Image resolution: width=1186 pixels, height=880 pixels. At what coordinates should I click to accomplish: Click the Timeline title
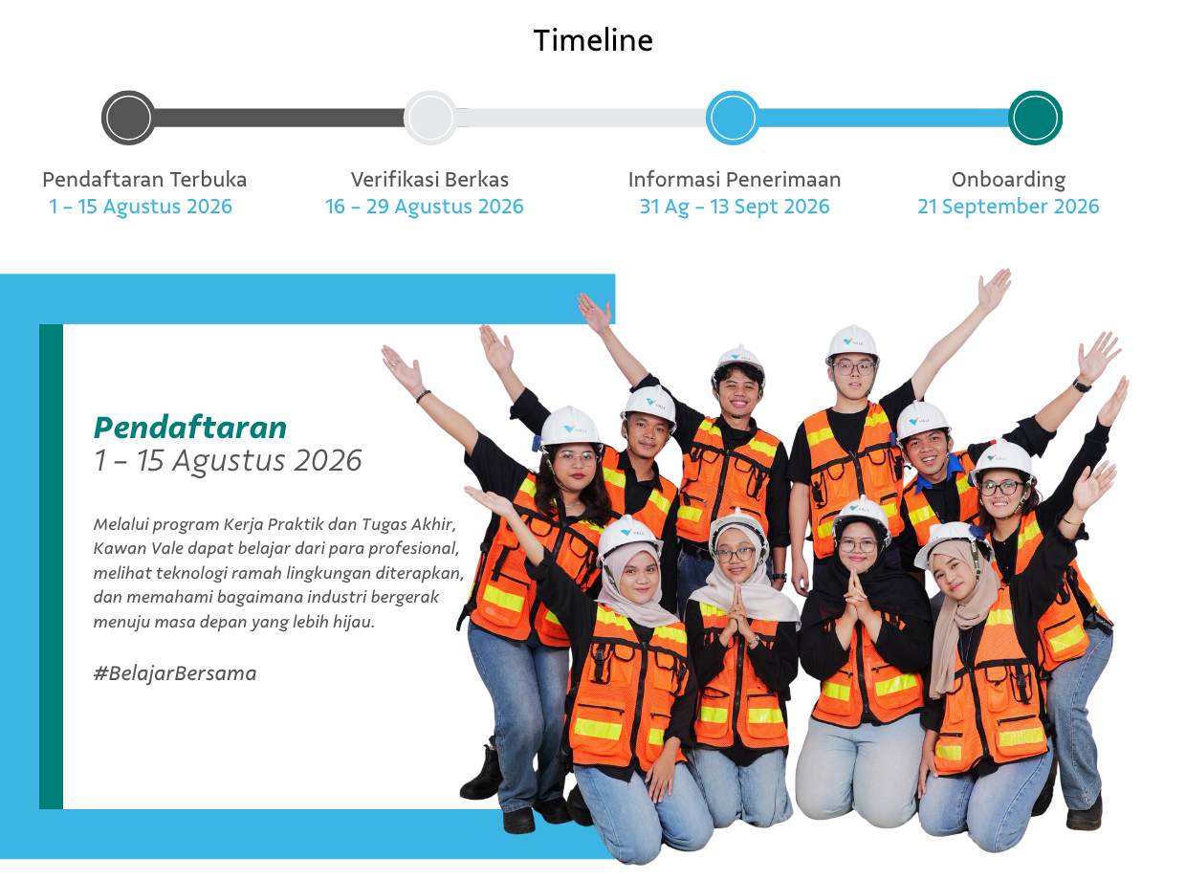coord(592,40)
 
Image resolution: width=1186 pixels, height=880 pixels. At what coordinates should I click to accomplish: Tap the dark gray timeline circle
coord(128,118)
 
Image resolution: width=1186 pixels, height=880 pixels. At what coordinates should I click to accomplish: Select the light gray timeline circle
coord(430,118)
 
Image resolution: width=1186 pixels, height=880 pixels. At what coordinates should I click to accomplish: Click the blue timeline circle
coord(733,118)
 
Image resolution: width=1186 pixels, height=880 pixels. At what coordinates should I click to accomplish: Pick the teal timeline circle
coord(1035,118)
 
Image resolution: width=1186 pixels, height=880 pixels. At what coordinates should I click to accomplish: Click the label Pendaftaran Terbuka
coord(144,180)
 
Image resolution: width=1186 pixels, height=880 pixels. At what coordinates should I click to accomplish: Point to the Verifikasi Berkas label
coord(429,180)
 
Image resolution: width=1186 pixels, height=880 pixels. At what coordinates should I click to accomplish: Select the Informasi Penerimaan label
coord(735,180)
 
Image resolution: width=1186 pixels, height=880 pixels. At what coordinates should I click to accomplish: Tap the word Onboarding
coord(1008,180)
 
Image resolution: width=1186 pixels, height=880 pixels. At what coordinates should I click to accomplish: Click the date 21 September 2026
coord(1008,207)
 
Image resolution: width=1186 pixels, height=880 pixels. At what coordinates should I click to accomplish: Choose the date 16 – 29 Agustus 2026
coord(425,207)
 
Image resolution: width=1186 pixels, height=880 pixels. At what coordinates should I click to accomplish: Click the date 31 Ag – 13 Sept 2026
coord(735,207)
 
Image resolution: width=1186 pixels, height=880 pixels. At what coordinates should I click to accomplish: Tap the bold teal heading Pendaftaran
coord(190,428)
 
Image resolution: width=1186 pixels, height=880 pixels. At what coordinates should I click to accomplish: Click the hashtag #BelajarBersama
coord(175,673)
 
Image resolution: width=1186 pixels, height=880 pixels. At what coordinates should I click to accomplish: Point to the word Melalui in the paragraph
coord(121,524)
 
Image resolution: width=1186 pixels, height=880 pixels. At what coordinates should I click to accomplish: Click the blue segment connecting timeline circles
coord(884,118)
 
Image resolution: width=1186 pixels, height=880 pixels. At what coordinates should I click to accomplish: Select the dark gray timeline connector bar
coord(279,118)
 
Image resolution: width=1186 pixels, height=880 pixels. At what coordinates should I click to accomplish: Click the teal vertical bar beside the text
coord(52,566)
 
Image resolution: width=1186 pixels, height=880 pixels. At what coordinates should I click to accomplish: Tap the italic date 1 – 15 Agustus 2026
coord(228,461)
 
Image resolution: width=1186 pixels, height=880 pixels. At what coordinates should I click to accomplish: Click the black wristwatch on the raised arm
coord(1082,385)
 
